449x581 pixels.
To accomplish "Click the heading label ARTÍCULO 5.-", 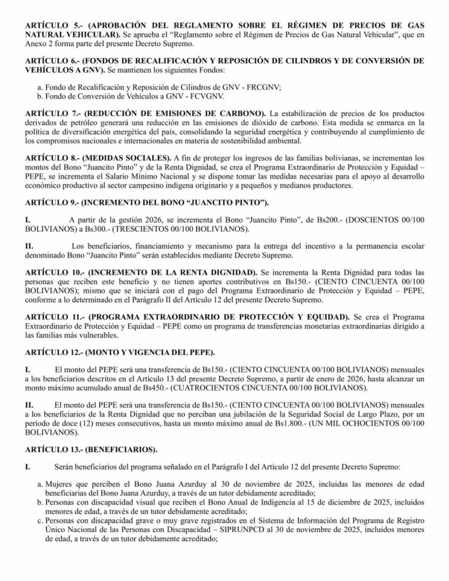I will click(x=52, y=27).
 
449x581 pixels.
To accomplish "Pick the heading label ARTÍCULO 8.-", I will click(x=52, y=157).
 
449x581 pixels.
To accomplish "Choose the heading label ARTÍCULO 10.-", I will click(x=55, y=272).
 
